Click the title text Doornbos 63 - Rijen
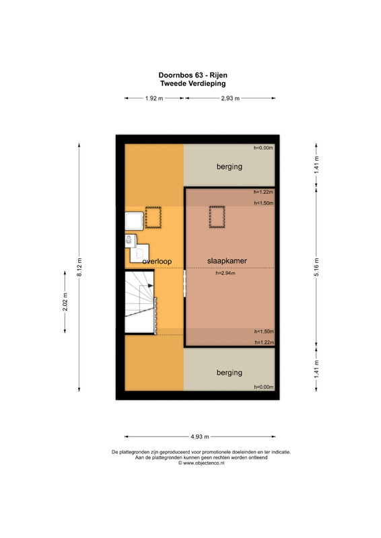coord(193,75)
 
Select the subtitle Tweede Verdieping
coord(193,83)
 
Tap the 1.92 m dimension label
coord(154,98)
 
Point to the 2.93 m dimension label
coord(230,98)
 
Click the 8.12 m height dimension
coord(79,267)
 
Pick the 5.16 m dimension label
coord(316,267)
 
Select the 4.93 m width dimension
coord(200,436)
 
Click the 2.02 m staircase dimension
coord(65,301)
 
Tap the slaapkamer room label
coord(227,261)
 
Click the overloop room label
coord(157,262)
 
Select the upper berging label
coord(229,167)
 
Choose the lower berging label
coord(229,373)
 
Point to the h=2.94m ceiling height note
coord(226,273)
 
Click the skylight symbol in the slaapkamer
coord(217,217)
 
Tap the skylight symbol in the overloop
coord(153,217)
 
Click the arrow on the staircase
coord(151,285)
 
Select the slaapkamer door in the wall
coord(185,283)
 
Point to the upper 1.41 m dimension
coord(316,165)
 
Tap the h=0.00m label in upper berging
coord(263,148)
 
